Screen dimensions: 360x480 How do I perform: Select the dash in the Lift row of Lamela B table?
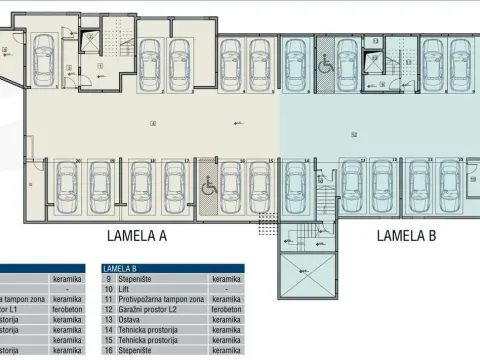226,290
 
